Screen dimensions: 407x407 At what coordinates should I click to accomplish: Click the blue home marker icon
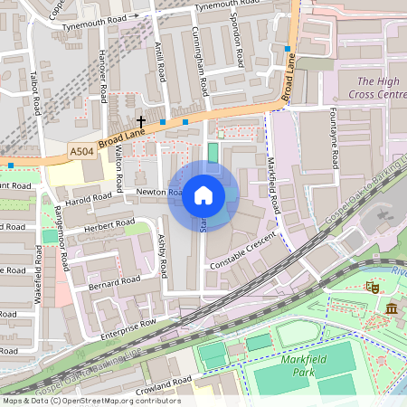click(203, 195)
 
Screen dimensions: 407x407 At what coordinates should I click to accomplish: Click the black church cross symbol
click(141, 120)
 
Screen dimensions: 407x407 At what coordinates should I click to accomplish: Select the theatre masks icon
click(371, 286)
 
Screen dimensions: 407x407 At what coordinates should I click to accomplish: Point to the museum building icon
click(391, 309)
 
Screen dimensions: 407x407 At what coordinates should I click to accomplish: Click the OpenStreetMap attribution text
click(90, 401)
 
